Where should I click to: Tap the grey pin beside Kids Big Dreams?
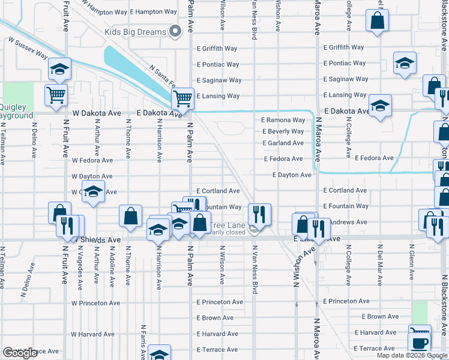click(176, 31)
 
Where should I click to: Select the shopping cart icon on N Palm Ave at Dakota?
click(182, 98)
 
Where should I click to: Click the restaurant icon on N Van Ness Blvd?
click(259, 213)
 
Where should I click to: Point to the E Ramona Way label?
click(283, 120)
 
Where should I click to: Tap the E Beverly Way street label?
click(283, 131)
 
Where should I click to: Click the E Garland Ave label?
click(283, 143)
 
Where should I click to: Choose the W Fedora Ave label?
click(92, 161)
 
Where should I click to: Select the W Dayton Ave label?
click(92, 177)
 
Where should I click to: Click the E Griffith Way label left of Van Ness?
click(217, 49)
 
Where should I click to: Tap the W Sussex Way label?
click(28, 48)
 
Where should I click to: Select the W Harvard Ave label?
click(92, 334)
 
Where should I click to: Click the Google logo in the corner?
click(20, 353)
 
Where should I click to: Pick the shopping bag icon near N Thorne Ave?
click(130, 216)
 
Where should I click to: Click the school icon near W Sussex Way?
click(59, 69)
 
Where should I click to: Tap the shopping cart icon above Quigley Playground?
click(56, 95)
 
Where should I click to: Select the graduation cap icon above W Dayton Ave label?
click(93, 192)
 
